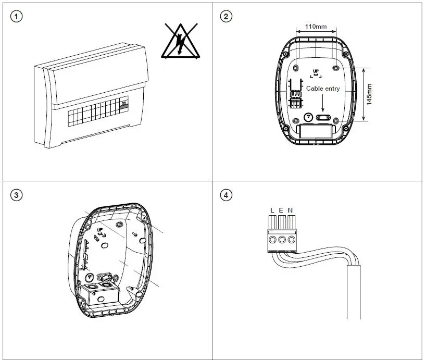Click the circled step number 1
point(18,17)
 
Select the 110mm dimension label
point(316,26)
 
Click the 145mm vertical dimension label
point(369,94)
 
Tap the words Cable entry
point(323,89)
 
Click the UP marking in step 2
point(316,72)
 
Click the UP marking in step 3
point(100,229)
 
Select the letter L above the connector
point(272,210)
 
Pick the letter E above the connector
point(281,210)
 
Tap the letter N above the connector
point(290,210)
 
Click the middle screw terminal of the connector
point(282,240)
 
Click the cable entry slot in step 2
point(323,118)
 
